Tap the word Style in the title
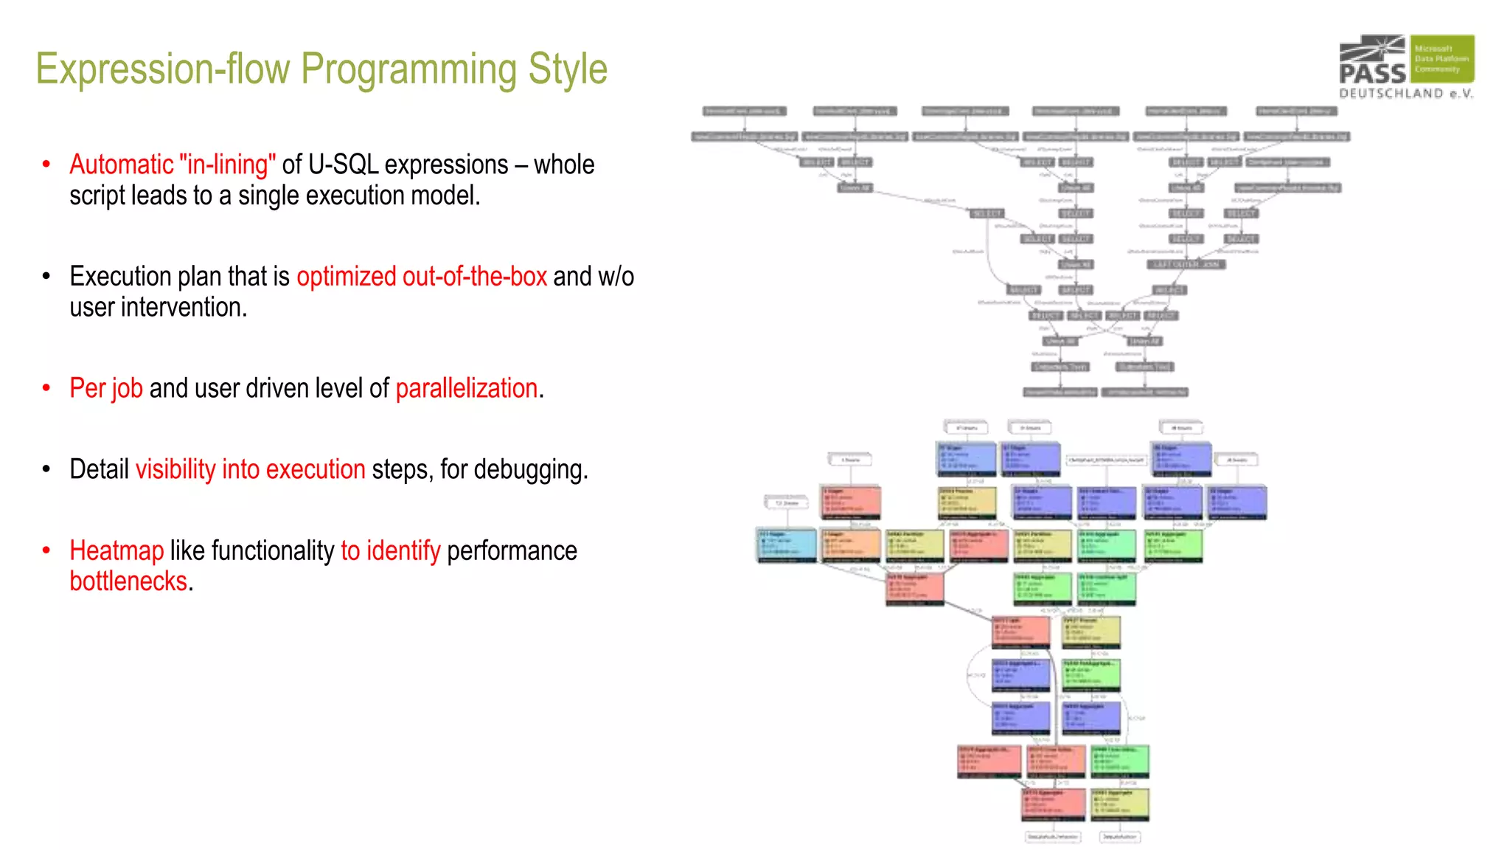pyautogui.click(x=567, y=69)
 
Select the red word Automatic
pyautogui.click(x=121, y=165)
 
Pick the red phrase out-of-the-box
pyautogui.click(x=474, y=277)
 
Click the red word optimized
pyautogui.click(x=347, y=277)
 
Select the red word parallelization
pyautogui.click(x=467, y=389)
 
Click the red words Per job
pyautogui.click(x=106, y=389)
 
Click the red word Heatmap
pyautogui.click(x=116, y=551)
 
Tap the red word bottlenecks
pyautogui.click(x=128, y=582)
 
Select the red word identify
pyautogui.click(x=403, y=551)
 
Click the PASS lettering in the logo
pyautogui.click(x=1372, y=73)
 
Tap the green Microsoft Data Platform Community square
pyautogui.click(x=1442, y=58)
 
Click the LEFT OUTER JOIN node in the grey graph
pyautogui.click(x=1186, y=265)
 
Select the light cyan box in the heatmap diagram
pyautogui.click(x=787, y=545)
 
